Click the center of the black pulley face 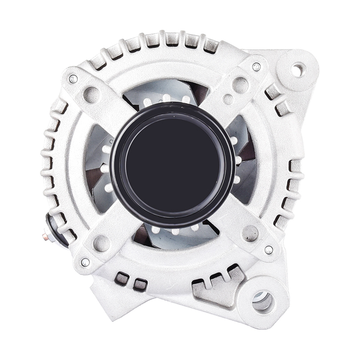point(172,164)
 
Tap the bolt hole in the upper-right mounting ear point(298,69)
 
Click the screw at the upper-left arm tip point(73,79)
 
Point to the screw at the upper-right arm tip point(256,67)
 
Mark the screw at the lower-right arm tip point(268,250)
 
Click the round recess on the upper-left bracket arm point(92,94)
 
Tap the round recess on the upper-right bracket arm point(240,85)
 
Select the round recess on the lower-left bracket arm point(102,243)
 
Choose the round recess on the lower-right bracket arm point(251,232)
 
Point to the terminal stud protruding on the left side point(46,237)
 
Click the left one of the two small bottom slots point(122,279)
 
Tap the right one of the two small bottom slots point(140,284)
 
